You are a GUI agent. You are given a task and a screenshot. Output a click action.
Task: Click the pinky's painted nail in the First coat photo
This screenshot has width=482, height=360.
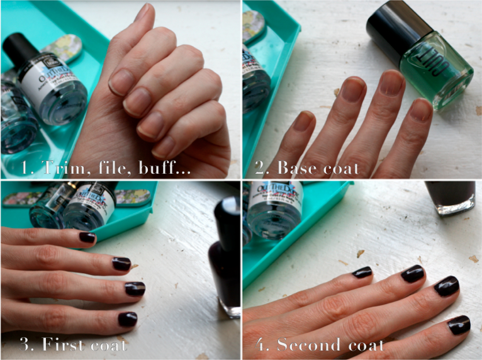coord(87,237)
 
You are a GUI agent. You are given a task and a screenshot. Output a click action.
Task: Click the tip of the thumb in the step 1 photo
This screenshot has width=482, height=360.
coord(142,13)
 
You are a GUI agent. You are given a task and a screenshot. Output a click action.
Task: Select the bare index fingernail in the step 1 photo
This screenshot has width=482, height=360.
coord(121,81)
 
